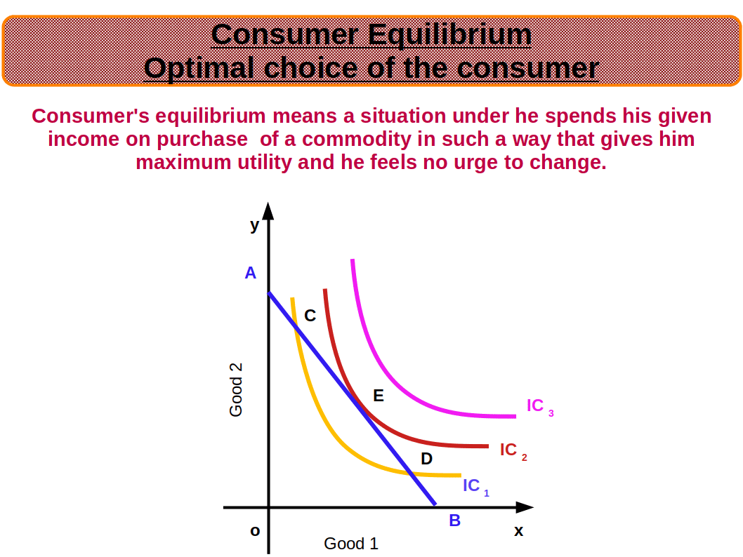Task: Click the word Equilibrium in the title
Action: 449,35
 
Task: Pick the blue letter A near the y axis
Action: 250,273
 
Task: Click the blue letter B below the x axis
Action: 454,521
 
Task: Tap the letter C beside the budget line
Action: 310,316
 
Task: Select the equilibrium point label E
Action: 378,396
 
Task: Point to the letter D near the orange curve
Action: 426,459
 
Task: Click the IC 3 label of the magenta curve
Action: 540,407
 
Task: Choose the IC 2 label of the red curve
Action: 513,451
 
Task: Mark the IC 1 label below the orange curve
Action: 475,487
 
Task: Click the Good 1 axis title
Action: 351,544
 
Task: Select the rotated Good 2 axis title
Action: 236,390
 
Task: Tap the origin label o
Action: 255,531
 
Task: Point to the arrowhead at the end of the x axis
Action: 525,507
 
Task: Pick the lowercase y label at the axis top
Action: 255,226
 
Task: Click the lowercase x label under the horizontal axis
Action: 519,531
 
